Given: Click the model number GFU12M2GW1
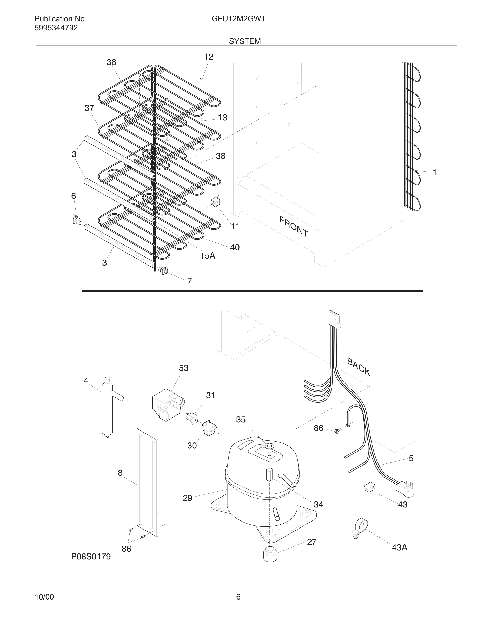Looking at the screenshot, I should [x=238, y=19].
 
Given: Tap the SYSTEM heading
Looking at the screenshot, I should [x=245, y=41].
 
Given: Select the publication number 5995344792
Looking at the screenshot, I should [x=56, y=28].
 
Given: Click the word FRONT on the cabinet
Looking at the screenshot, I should [x=294, y=226].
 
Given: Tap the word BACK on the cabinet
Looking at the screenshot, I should [x=358, y=366].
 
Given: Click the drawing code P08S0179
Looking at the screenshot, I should [x=91, y=557].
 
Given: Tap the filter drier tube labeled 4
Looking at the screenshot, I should [x=107, y=408].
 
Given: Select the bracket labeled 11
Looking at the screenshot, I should [x=216, y=201].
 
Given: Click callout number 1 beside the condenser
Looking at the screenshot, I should [x=435, y=172].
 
